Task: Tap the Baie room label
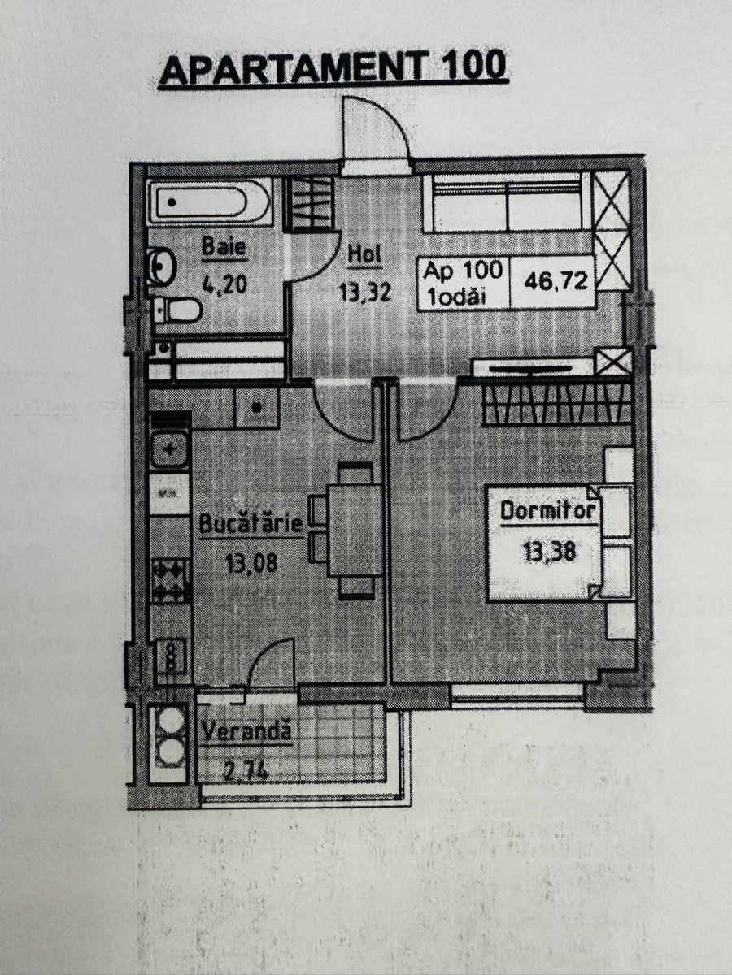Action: point(224,246)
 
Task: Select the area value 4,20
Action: point(224,284)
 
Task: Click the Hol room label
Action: point(364,255)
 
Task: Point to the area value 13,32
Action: point(365,292)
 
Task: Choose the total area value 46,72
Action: point(556,281)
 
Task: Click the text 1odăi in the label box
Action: point(455,297)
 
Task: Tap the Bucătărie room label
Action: point(251,524)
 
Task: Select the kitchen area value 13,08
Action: point(251,563)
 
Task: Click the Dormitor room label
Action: point(548,511)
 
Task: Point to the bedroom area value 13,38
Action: point(549,552)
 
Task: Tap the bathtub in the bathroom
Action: point(210,201)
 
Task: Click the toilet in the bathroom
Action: point(178,310)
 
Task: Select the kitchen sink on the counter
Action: point(169,450)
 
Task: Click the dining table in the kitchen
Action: point(355,531)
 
